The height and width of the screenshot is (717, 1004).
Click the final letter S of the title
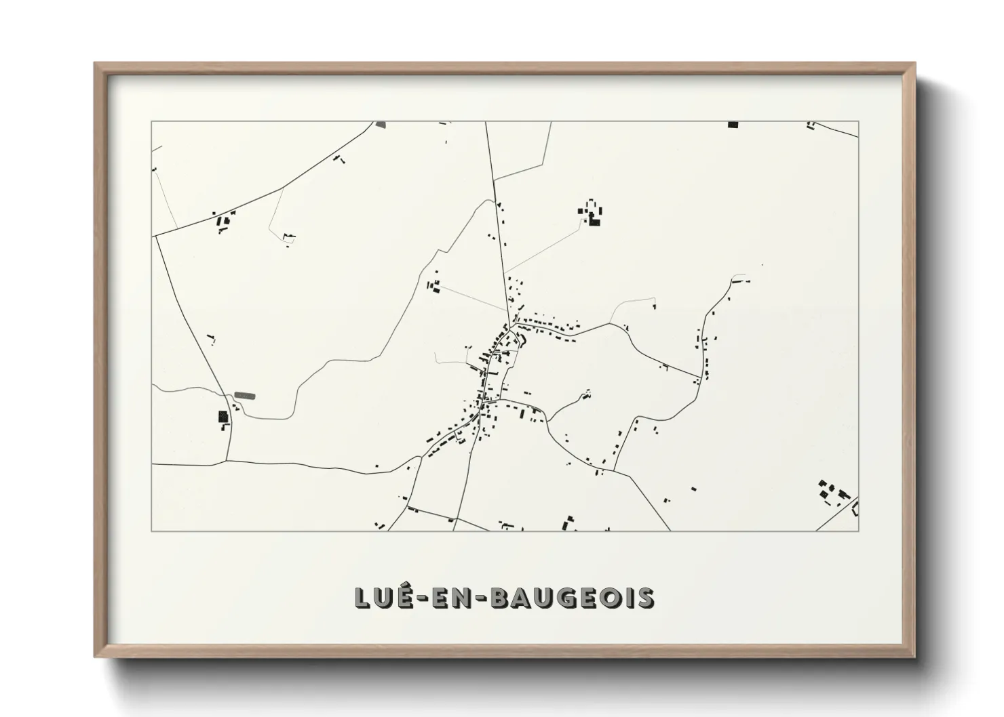coord(646,598)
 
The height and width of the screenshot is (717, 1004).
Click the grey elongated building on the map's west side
coord(244,395)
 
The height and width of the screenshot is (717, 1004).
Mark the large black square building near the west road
coord(223,417)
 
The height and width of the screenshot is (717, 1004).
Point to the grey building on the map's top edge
coord(380,125)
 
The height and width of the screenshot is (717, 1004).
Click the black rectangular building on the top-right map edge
coord(733,125)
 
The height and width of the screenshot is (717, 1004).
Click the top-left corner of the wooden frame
coord(96,64)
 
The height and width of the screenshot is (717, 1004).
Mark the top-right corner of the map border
coord(858,121)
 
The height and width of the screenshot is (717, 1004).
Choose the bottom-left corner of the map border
coord(151,531)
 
